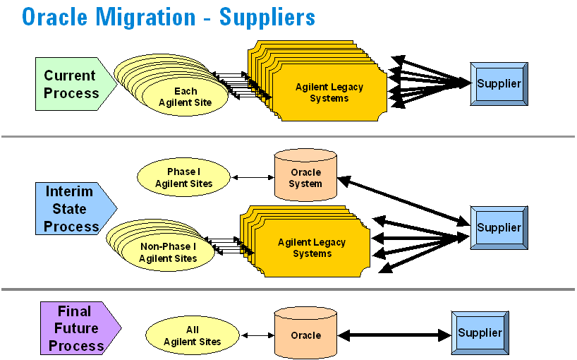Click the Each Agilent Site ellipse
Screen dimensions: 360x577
pyautogui.click(x=186, y=97)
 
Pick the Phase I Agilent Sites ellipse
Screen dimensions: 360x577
pyautogui.click(x=183, y=178)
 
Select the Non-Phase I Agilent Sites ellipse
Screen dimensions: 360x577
pyautogui.click(x=168, y=252)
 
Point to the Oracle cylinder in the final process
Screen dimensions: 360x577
pyautogui.click(x=305, y=335)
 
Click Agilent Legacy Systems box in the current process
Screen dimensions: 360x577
pyautogui.click(x=329, y=92)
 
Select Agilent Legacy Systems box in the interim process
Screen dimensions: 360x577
pyautogui.click(x=312, y=248)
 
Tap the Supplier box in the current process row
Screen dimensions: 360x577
pyautogui.click(x=499, y=84)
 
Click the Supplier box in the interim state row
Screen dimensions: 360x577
pyautogui.click(x=499, y=227)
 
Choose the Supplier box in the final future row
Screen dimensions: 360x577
pyautogui.click(x=480, y=333)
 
